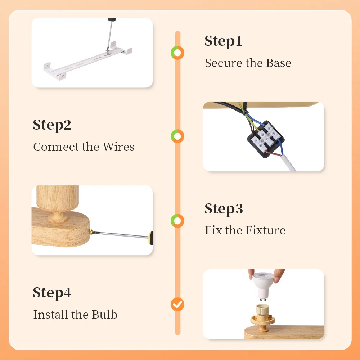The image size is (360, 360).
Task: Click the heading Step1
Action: pos(224,41)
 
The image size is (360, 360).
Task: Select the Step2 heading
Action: pos(52,125)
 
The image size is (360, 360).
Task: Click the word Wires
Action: pos(118,147)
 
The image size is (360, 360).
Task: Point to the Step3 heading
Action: pos(224,208)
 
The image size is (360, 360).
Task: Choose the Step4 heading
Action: pos(52,292)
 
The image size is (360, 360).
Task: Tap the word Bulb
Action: pos(105,314)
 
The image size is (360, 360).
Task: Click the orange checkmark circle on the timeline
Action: pos(177,305)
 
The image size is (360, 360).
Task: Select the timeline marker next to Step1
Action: pos(177,53)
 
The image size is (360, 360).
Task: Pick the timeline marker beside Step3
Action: pos(177,221)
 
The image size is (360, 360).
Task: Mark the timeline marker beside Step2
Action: pos(177,136)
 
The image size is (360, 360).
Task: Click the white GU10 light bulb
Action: pos(264,286)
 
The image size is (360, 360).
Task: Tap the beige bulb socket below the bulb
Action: pos(262,318)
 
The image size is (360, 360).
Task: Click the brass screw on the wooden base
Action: pos(91,233)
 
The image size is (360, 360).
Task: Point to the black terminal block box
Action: pos(266,139)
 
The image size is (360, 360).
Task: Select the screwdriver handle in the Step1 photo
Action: pos(112,20)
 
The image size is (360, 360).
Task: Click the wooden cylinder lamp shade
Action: pos(58,198)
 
